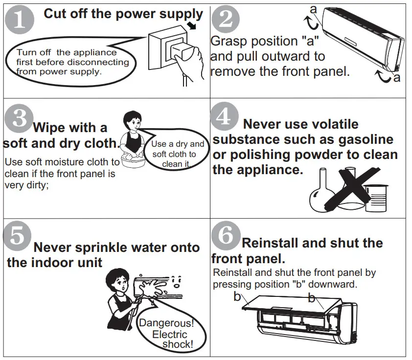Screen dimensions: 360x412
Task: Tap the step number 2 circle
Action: coord(226,20)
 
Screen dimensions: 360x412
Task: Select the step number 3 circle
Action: coord(19,119)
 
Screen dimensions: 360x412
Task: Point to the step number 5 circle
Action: coord(17,236)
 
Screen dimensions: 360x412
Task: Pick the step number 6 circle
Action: coord(225,236)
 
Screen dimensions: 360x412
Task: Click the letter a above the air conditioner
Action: coord(314,8)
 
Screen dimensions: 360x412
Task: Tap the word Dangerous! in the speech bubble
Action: coord(166,323)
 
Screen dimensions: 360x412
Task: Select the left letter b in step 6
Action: coord(237,296)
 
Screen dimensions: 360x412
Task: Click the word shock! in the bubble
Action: coord(178,344)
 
